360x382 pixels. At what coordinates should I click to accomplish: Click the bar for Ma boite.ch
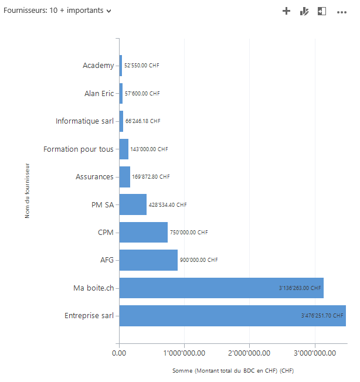click(x=221, y=288)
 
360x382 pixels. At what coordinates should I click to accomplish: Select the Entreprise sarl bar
click(x=232, y=316)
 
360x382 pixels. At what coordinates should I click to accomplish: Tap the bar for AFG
click(x=148, y=260)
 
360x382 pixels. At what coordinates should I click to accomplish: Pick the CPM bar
click(x=143, y=232)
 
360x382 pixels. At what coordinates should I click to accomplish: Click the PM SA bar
click(x=133, y=204)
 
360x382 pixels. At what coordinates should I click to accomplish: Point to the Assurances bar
click(x=124, y=176)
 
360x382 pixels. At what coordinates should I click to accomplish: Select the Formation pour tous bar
click(x=124, y=149)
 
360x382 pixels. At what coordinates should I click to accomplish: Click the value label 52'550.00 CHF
click(x=141, y=66)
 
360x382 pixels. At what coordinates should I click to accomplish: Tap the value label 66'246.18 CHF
click(x=142, y=121)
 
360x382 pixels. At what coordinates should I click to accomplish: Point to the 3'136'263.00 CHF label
click(x=300, y=288)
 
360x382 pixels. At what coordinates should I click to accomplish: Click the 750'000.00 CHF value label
click(x=189, y=233)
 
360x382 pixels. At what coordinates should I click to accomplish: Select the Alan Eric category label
click(x=99, y=93)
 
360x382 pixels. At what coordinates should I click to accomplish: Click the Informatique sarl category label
click(x=84, y=121)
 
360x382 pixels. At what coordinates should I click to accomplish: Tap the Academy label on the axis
click(x=98, y=65)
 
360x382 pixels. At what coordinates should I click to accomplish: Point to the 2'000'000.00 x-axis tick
click(x=249, y=353)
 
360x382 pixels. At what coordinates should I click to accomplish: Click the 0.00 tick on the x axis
click(x=119, y=353)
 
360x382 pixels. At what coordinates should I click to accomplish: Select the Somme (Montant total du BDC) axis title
click(x=233, y=371)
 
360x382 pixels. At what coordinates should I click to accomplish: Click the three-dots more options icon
click(x=342, y=11)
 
